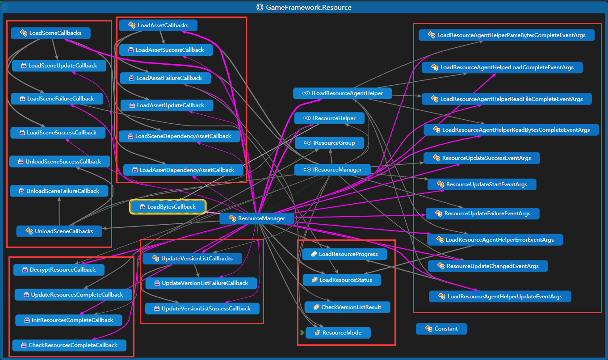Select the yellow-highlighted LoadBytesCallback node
(x=168, y=207)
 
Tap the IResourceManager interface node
(x=333, y=170)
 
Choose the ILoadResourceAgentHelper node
(x=342, y=93)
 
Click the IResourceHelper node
(x=329, y=118)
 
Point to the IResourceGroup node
(x=329, y=143)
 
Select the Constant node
(x=441, y=329)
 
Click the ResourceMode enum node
(x=338, y=333)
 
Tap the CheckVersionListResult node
(x=348, y=307)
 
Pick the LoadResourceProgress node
(x=344, y=254)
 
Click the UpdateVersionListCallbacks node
(x=193, y=259)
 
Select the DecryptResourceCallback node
(x=59, y=270)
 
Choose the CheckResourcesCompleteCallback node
(x=69, y=345)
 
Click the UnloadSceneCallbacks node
(x=59, y=231)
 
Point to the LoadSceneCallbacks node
(x=51, y=33)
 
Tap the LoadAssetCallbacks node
(x=159, y=25)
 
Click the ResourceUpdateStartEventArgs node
(x=482, y=184)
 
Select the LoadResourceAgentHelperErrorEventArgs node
(x=495, y=240)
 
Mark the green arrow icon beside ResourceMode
(x=302, y=333)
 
